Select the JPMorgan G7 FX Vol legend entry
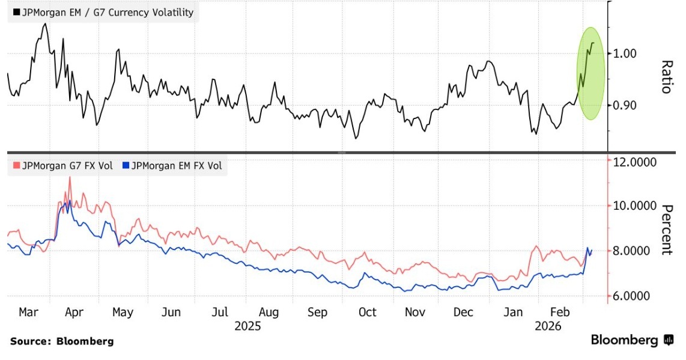coord(62,165)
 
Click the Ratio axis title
coord(666,76)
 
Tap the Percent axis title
coord(666,230)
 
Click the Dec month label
coord(464,313)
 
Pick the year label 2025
coord(247,326)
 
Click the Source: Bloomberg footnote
coord(61,341)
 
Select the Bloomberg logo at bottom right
coord(632,340)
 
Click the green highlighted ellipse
coord(590,73)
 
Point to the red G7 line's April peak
coord(70,177)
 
